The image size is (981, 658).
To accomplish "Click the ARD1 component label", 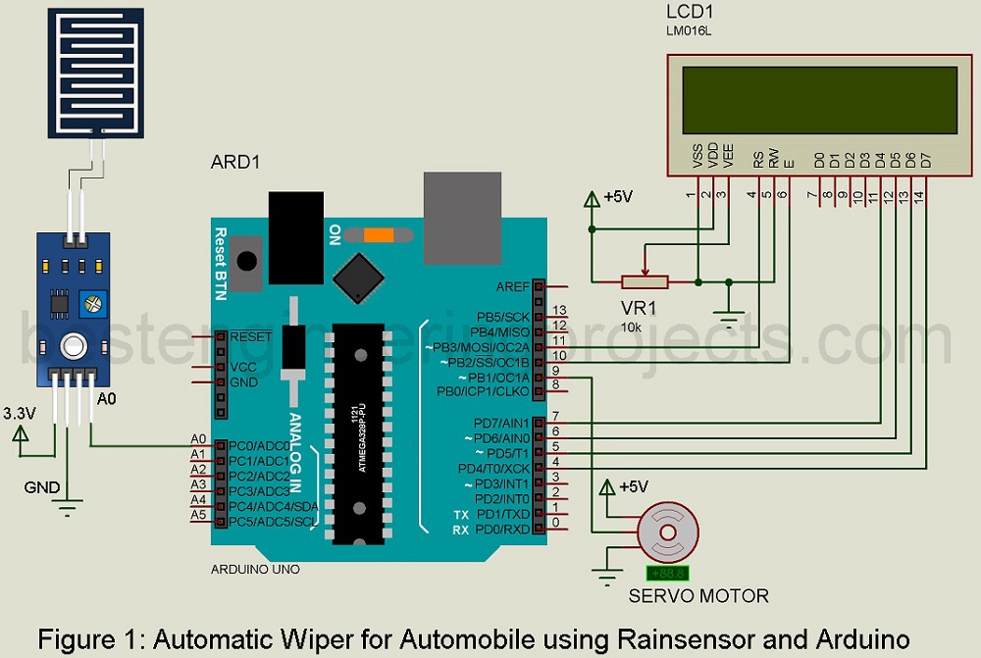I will click(235, 162).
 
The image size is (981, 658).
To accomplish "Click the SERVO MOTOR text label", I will click(698, 595).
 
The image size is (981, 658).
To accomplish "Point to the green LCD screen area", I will click(811, 99).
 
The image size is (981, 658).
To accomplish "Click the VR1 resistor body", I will click(645, 282).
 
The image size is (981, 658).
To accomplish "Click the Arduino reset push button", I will click(248, 262).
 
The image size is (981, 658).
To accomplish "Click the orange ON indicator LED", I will click(378, 234).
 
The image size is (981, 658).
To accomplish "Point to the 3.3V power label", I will click(21, 413).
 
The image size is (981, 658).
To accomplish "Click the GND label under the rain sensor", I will click(42, 487).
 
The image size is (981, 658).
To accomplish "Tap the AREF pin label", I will click(512, 286).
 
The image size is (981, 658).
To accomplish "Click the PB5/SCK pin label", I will click(503, 318).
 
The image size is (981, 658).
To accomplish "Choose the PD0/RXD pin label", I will click(503, 530).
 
